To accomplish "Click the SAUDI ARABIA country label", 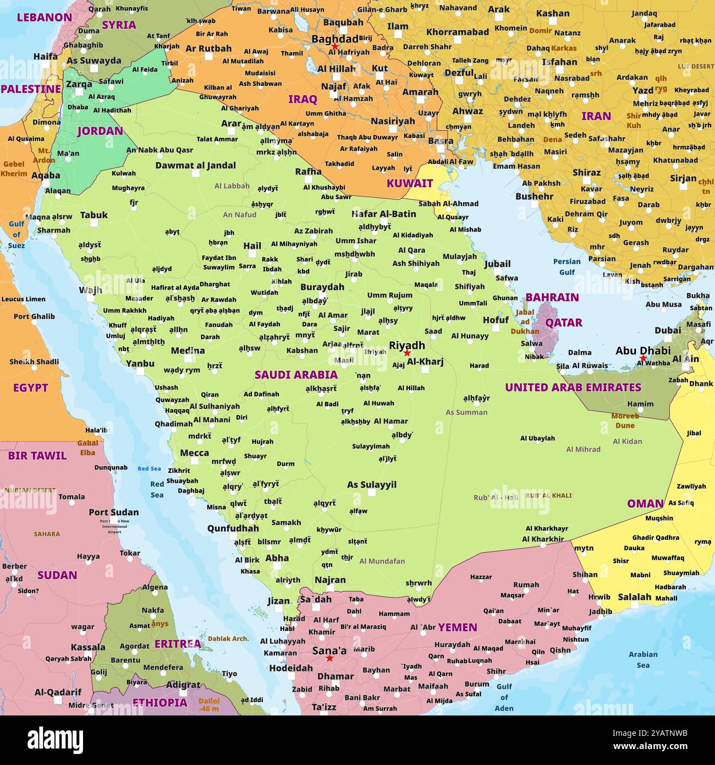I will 296,375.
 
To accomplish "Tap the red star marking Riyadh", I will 407,353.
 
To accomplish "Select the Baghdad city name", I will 334,39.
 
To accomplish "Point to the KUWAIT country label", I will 409,183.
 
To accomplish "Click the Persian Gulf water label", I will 566,266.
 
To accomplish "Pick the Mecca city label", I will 194,453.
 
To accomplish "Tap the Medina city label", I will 188,351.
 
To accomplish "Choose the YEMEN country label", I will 457,627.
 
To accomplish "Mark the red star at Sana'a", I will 329,658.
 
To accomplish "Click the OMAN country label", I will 645,504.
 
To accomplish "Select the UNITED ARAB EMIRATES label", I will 573,387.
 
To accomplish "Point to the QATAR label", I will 564,323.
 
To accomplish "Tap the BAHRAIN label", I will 552,297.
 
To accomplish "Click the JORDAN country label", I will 100,131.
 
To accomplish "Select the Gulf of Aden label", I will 504,697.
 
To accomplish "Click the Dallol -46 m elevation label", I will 209,704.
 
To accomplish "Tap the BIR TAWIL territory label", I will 37,456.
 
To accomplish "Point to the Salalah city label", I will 634,597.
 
